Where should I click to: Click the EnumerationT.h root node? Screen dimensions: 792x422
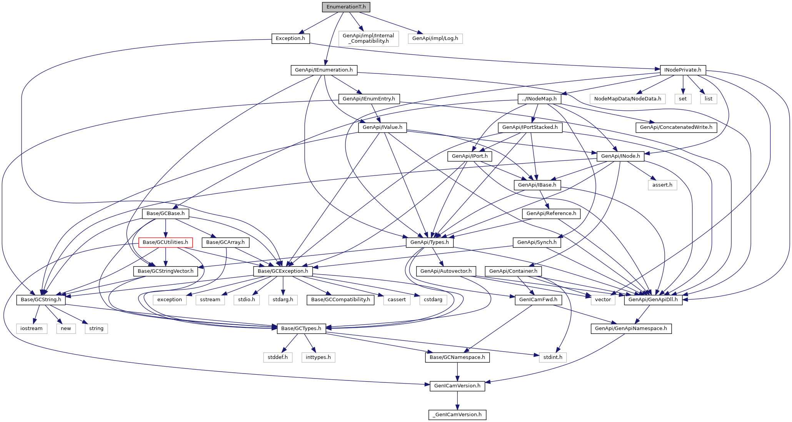346,7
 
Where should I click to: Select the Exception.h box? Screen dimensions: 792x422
290,38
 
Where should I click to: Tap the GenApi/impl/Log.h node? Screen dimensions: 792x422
435,38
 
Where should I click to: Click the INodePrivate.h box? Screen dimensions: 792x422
683,70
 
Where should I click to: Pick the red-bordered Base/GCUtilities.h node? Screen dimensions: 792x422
165,242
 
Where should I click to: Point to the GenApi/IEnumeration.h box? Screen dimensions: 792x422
324,70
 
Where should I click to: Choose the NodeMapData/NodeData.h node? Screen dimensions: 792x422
628,99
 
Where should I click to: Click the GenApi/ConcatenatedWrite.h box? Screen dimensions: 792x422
676,127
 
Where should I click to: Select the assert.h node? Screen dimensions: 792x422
662,185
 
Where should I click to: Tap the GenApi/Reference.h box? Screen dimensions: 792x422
551,214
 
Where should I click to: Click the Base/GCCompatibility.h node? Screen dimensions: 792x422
340,300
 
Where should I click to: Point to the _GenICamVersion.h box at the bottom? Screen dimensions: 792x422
457,415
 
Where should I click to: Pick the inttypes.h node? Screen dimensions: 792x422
318,357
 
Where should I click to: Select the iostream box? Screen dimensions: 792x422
32,329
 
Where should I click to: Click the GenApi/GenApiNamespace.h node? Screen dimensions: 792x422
631,329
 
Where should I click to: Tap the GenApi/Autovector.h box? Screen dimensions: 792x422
446,271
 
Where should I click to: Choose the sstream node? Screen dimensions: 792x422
210,300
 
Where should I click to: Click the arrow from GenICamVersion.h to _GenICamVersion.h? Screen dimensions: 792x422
457,400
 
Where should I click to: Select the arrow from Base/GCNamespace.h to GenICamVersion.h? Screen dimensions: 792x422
457,372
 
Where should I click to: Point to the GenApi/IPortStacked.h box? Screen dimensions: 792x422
530,127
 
